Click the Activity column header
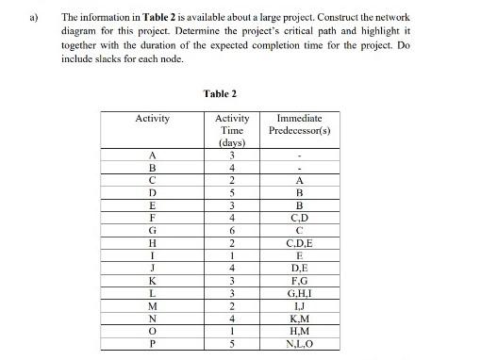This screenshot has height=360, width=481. tap(153, 118)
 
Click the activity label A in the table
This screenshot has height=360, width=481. tap(153, 155)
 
